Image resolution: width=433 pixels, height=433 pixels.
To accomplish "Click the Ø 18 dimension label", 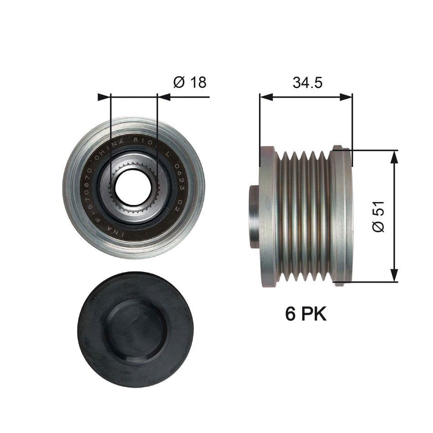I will click(x=190, y=82).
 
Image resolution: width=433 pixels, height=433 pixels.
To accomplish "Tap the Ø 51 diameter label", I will click(x=378, y=216).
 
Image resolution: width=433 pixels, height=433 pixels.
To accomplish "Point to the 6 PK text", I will click(x=306, y=314).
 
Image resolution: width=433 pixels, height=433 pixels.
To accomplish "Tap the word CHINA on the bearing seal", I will click(x=112, y=147).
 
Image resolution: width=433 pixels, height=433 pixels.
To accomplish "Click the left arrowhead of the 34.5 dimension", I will click(x=266, y=97).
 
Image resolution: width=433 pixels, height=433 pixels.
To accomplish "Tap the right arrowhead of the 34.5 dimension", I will click(x=346, y=97).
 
